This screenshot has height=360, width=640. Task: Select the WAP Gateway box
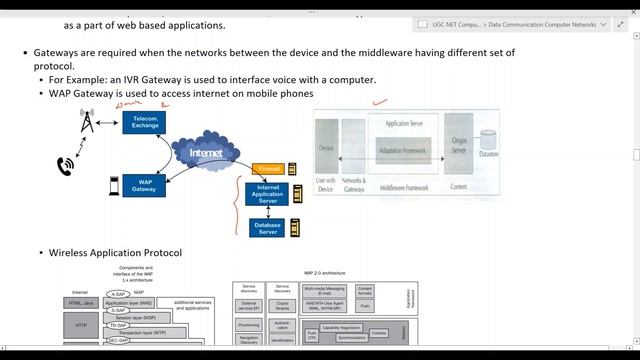tap(144, 185)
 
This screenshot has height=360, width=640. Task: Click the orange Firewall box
tap(267, 169)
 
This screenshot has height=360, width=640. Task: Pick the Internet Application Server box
tap(267, 194)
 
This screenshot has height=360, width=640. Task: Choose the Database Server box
tap(267, 228)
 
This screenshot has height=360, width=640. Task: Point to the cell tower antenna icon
tap(87, 122)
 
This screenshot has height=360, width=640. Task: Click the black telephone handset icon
tap(67, 165)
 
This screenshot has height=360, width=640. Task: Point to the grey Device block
tap(326, 148)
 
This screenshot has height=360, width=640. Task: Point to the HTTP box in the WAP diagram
tap(81, 324)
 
